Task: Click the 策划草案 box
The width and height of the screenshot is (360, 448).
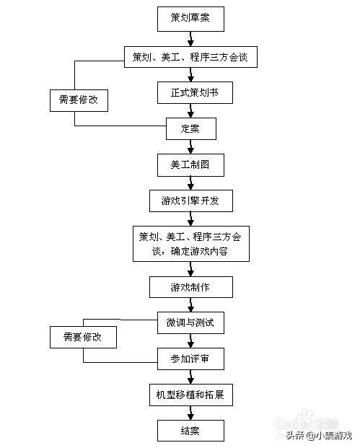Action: click(190, 19)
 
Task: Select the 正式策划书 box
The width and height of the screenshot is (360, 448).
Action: click(190, 92)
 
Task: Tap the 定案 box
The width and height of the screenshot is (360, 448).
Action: click(190, 129)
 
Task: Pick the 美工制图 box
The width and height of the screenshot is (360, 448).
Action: click(190, 164)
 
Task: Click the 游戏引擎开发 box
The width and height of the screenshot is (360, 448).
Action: click(190, 201)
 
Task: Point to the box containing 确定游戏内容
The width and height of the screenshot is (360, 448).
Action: click(190, 244)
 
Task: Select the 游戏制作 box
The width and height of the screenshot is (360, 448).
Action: click(190, 287)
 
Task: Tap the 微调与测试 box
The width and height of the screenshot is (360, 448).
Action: click(190, 322)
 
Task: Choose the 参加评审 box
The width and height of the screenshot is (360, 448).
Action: click(190, 358)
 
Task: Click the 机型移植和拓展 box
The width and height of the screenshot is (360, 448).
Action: click(190, 395)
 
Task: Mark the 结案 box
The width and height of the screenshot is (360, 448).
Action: click(190, 431)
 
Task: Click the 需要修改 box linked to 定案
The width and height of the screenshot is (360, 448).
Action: click(79, 100)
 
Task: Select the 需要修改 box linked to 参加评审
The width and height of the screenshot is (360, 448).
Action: click(82, 337)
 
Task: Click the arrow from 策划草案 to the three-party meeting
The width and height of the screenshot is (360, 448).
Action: click(190, 38)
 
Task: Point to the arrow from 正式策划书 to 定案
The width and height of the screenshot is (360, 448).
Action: click(190, 111)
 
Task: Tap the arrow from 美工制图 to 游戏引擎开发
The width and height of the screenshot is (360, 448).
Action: click(190, 183)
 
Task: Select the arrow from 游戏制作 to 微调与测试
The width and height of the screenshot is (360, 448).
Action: click(190, 305)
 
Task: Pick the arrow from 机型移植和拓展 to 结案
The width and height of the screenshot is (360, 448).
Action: click(190, 413)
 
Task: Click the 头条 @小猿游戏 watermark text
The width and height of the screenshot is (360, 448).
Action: click(317, 435)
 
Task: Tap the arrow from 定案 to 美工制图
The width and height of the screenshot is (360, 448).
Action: click(190, 146)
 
